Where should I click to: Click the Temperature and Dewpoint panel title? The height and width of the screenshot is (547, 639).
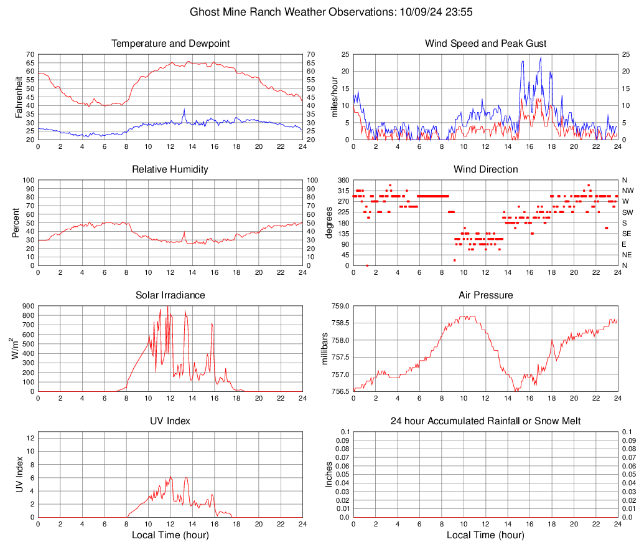pyautogui.click(x=170, y=44)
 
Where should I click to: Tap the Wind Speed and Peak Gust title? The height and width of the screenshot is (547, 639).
pyautogui.click(x=485, y=44)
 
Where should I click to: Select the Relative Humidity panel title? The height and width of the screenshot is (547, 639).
pyautogui.click(x=170, y=169)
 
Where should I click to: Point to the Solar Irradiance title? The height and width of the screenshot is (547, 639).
pyautogui.click(x=170, y=295)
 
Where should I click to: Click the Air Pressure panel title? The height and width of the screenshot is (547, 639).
pyautogui.click(x=485, y=295)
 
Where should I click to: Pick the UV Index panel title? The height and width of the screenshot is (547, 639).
pyautogui.click(x=170, y=421)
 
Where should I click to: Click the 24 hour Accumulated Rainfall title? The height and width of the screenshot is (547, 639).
pyautogui.click(x=485, y=421)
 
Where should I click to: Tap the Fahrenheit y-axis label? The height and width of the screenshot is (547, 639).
pyautogui.click(x=18, y=97)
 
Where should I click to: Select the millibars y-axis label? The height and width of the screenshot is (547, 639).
pyautogui.click(x=324, y=348)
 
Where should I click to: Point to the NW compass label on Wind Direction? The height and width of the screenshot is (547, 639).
pyautogui.click(x=627, y=191)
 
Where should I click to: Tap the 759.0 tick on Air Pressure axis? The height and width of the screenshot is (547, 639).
pyautogui.click(x=339, y=306)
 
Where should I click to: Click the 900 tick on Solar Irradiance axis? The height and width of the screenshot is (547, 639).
pyautogui.click(x=28, y=306)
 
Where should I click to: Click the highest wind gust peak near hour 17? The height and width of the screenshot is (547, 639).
pyautogui.click(x=541, y=57)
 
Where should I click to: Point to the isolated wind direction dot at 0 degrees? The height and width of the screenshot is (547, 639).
pyautogui.click(x=367, y=265)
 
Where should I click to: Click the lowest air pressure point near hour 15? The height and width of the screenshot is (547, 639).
pyautogui.click(x=516, y=391)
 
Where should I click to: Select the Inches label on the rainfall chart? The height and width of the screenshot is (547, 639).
pyautogui.click(x=329, y=474)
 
